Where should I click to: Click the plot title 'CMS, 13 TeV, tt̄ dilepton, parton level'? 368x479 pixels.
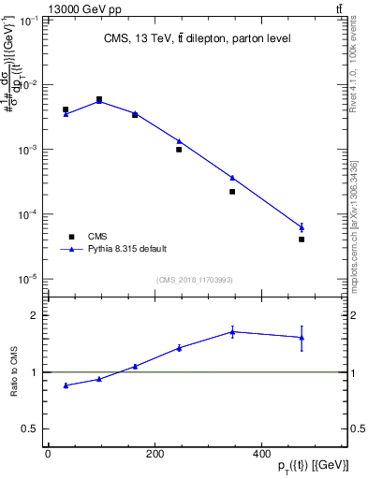[x=197, y=38]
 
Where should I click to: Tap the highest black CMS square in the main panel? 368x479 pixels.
[x=99, y=99]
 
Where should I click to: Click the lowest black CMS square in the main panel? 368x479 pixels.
[x=302, y=239]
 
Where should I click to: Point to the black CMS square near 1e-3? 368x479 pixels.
[x=179, y=150]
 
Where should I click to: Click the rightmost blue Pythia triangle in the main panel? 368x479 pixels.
[x=302, y=227]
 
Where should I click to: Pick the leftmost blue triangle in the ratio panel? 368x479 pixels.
[x=66, y=385]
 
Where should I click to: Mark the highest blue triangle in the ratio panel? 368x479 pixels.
[x=232, y=331]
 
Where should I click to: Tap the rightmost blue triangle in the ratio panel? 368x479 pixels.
[x=302, y=338]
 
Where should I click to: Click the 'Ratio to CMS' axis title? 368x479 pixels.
[x=13, y=371]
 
